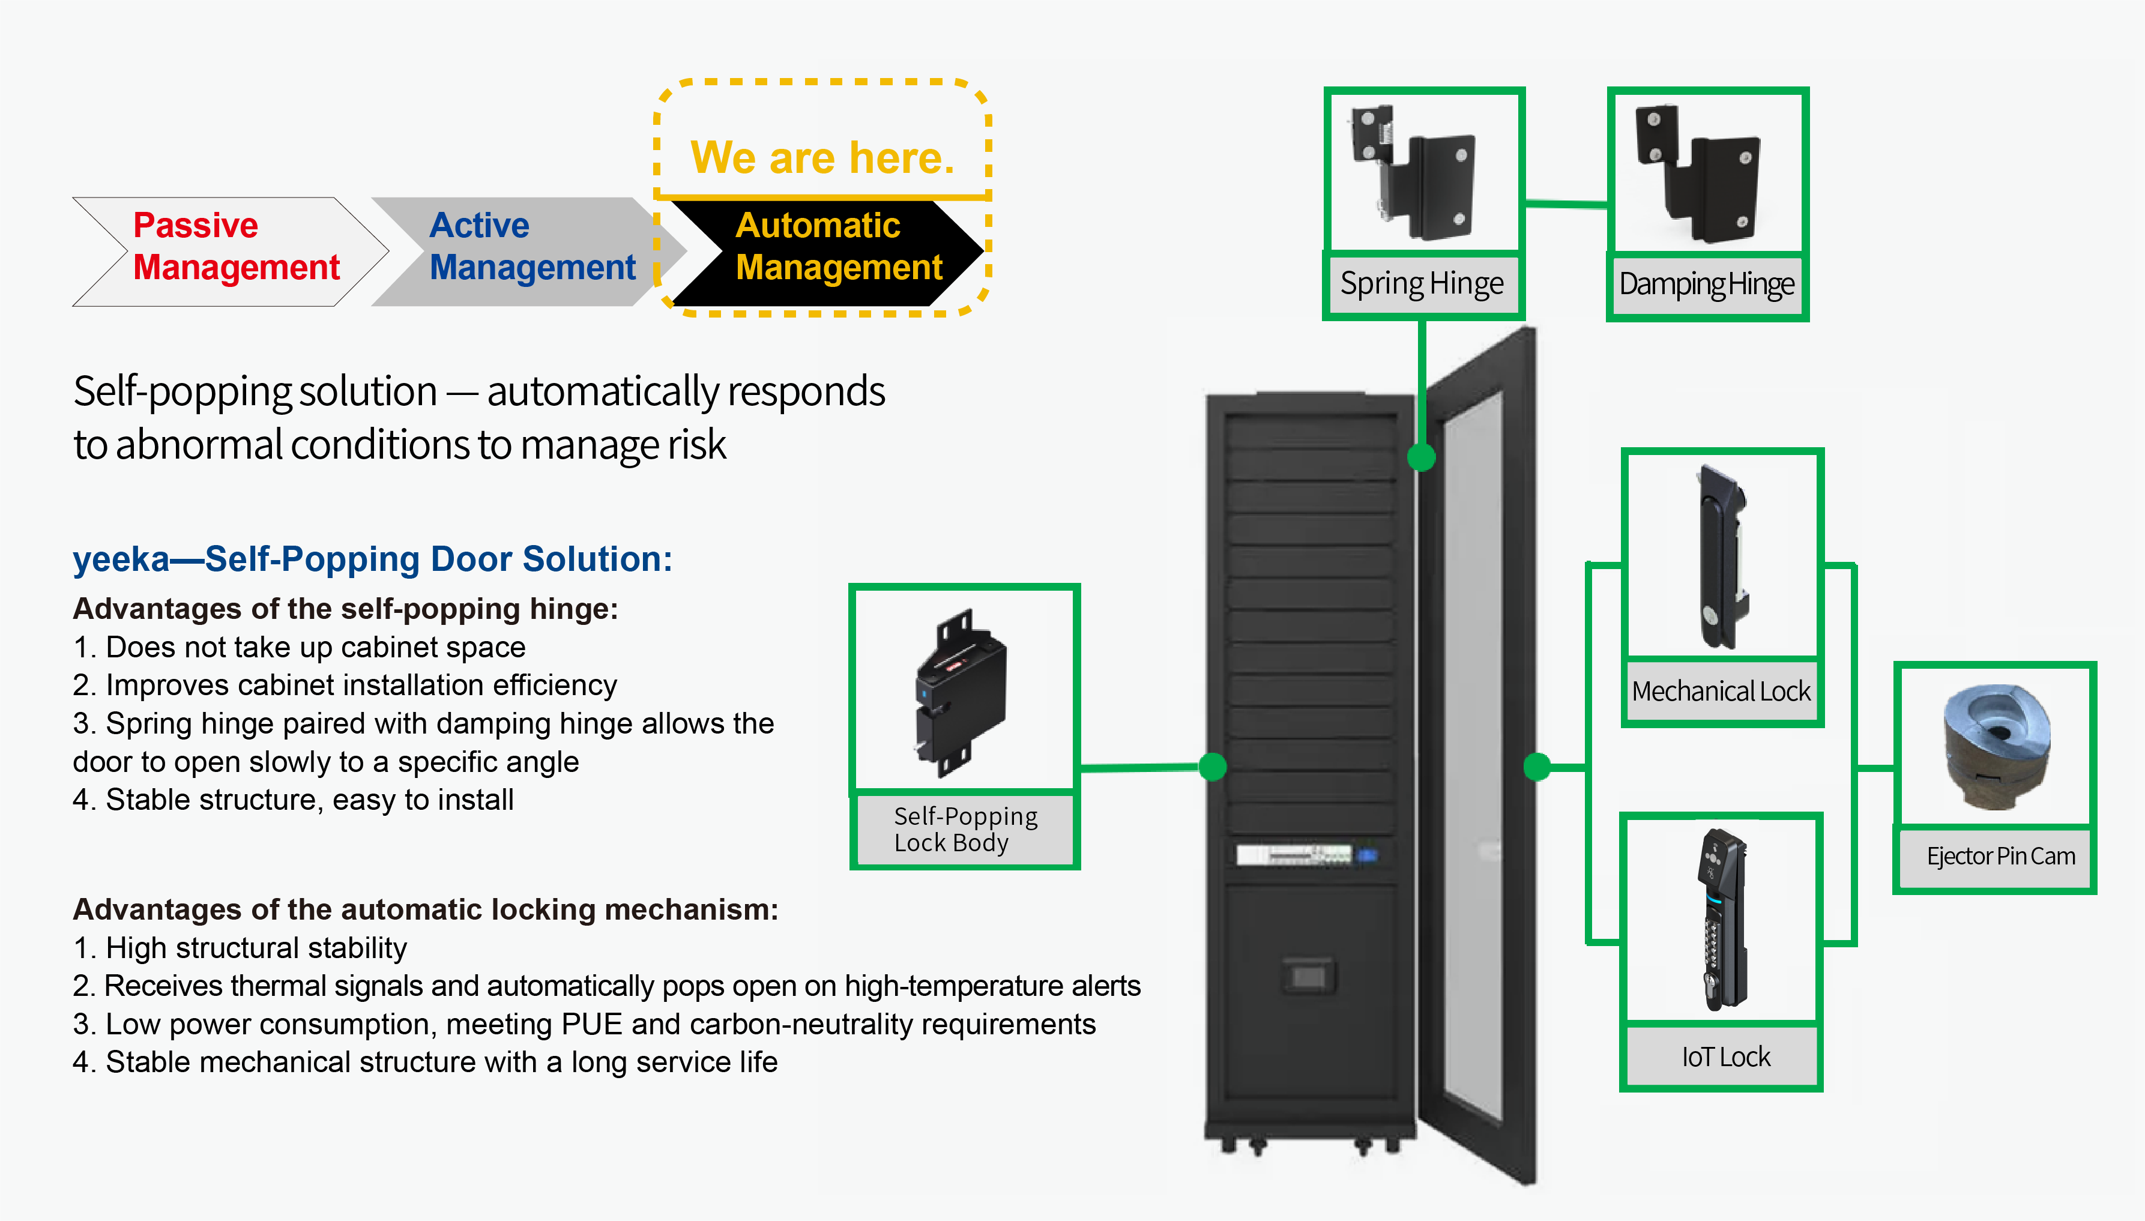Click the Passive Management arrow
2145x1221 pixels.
(x=231, y=252)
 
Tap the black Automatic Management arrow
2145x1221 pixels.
(x=826, y=252)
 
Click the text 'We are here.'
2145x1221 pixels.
(x=822, y=158)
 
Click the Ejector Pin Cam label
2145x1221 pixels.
(x=2000, y=856)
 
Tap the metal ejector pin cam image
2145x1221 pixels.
(x=1997, y=746)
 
